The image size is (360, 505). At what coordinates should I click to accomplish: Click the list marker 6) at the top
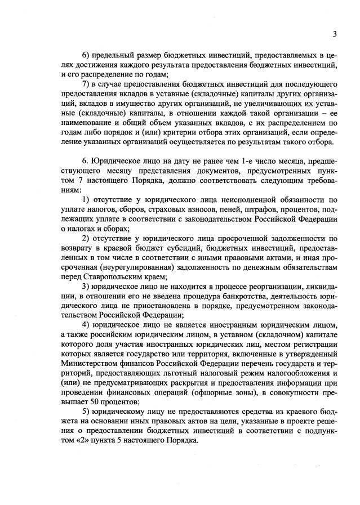click(x=86, y=55)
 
